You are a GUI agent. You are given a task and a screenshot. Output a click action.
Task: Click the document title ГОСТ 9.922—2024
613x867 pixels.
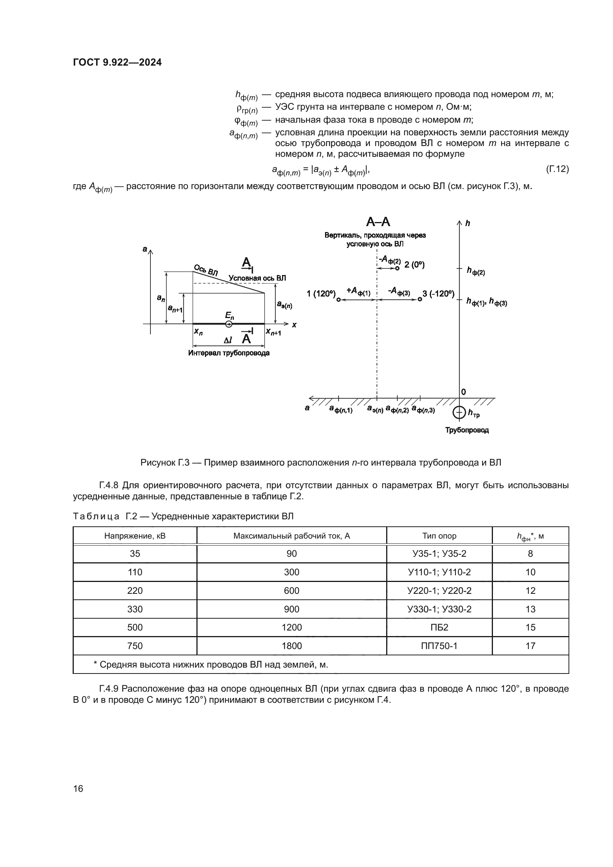[x=117, y=63]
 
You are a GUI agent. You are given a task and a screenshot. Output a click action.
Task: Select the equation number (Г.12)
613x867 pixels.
[x=557, y=169]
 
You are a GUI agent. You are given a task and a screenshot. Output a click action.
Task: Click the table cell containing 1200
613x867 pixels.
[x=291, y=627]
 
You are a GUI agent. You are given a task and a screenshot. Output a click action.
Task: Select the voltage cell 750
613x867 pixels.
[x=135, y=646]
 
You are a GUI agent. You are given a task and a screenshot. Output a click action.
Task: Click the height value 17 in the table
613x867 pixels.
[x=530, y=646]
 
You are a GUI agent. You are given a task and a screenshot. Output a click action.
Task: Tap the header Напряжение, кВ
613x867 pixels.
[x=135, y=536]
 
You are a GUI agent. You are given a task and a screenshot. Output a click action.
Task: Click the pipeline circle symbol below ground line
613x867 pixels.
[x=459, y=412]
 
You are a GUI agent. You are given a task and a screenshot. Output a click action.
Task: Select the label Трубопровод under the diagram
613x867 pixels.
[x=467, y=430]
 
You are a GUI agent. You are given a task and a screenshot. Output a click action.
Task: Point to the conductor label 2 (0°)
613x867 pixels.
[x=414, y=265]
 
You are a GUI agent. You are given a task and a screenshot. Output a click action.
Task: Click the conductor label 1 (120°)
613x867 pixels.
[x=321, y=294]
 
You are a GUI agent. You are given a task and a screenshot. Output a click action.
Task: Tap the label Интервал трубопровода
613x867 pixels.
[x=229, y=353]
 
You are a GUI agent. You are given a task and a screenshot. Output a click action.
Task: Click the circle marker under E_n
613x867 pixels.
[x=229, y=324]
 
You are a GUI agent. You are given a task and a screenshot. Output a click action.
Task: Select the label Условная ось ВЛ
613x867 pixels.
[x=257, y=278]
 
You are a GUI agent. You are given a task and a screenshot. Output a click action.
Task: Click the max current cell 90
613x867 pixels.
[x=291, y=553]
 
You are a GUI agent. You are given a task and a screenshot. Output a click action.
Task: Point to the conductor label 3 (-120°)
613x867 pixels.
[x=438, y=294]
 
